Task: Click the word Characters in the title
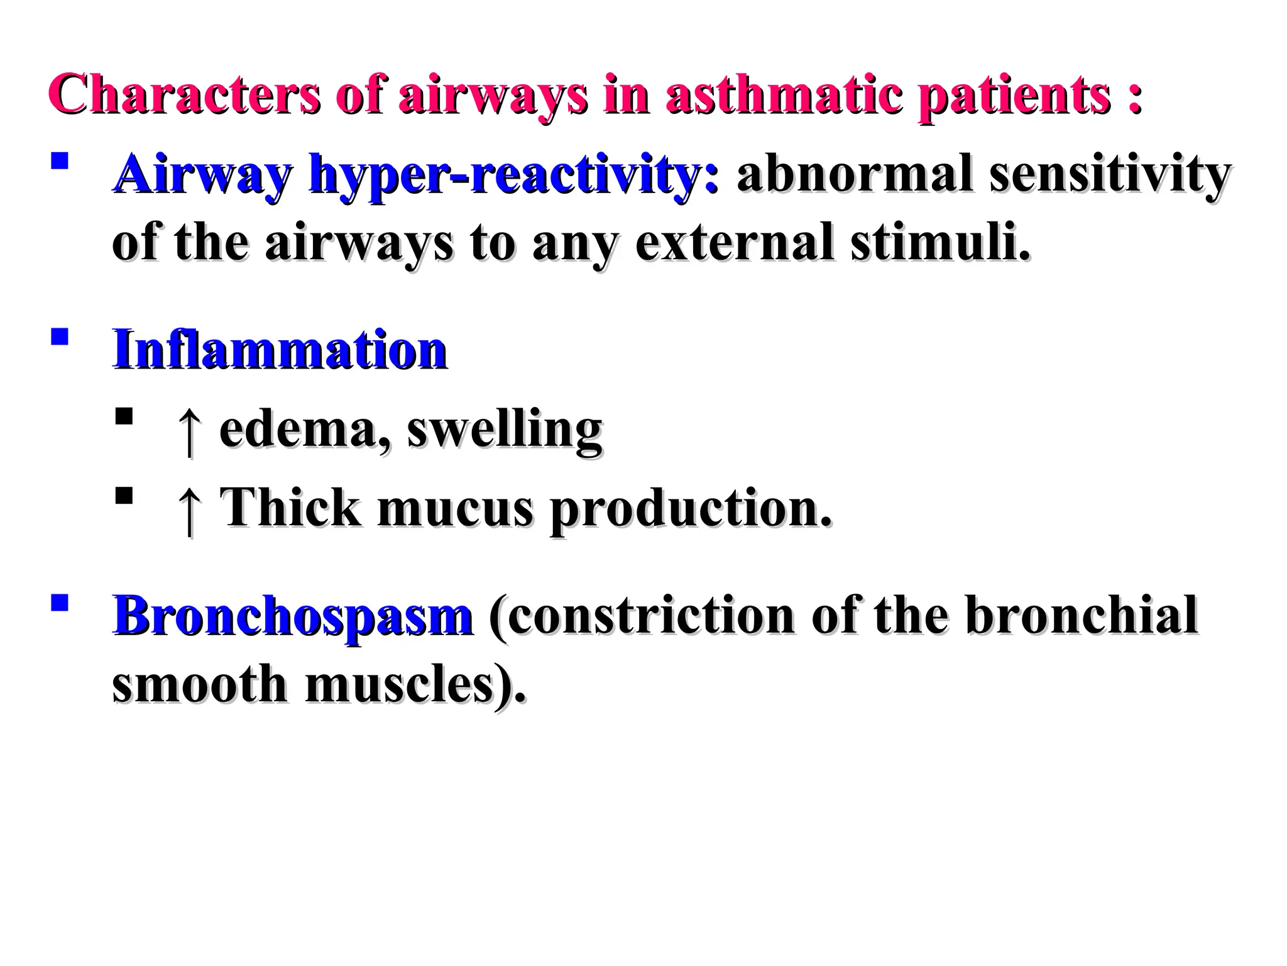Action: (184, 96)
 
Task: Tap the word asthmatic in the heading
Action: (782, 96)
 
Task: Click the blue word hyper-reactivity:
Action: (514, 175)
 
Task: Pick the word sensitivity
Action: (1110, 175)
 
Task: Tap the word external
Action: (735, 243)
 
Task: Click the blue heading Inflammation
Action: (280, 350)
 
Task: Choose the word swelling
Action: (505, 430)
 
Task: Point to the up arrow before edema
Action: (189, 430)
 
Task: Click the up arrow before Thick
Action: (189, 509)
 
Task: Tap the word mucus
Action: (455, 508)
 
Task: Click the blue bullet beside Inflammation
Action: (60, 337)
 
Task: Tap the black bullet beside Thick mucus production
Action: (124, 496)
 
